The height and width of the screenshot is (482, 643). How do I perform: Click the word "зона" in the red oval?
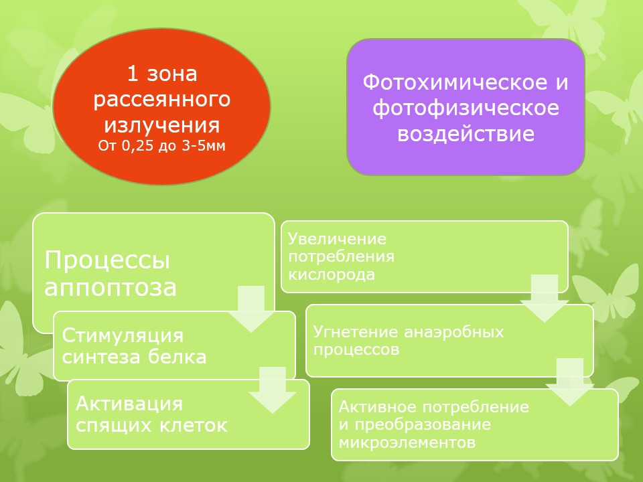tap(172, 74)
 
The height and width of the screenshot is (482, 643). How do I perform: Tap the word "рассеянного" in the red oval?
tap(162, 100)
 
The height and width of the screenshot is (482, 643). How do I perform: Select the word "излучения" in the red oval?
tap(162, 125)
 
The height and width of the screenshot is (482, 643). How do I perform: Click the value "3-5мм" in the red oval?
tap(204, 146)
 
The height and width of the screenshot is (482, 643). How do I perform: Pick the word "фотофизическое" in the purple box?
tap(466, 108)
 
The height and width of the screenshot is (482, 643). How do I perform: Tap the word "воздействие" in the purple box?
tap(466, 134)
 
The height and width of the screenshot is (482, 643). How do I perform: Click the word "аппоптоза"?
tap(111, 287)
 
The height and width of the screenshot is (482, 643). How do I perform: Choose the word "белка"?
tap(177, 357)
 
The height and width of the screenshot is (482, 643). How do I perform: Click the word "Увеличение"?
tap(337, 239)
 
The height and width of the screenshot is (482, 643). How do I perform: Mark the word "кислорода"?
tap(332, 274)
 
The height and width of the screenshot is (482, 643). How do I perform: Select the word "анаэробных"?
tap(454, 332)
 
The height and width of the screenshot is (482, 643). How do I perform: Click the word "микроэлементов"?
tap(407, 443)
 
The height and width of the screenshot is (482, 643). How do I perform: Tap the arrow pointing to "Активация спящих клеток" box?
tap(273, 390)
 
